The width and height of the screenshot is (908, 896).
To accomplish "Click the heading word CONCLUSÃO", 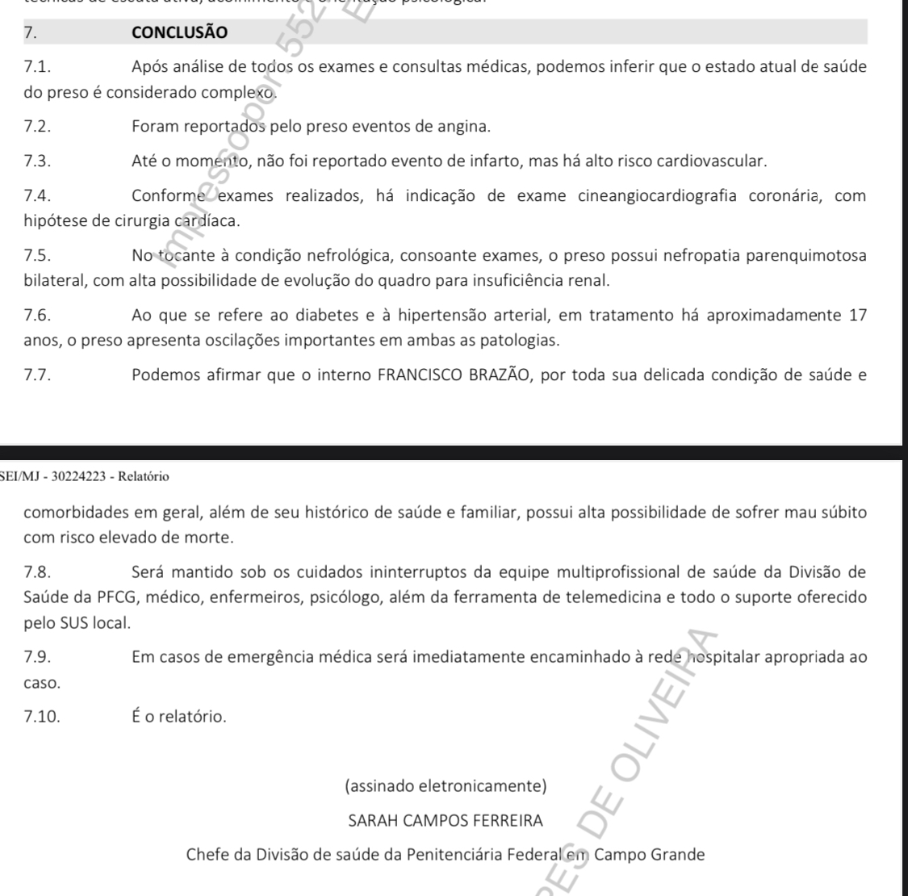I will [179, 33].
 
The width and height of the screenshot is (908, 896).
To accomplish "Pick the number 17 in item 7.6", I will [858, 316].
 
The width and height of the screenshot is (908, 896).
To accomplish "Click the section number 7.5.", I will [39, 256].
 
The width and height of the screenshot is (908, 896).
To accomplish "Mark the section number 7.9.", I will [37, 657].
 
